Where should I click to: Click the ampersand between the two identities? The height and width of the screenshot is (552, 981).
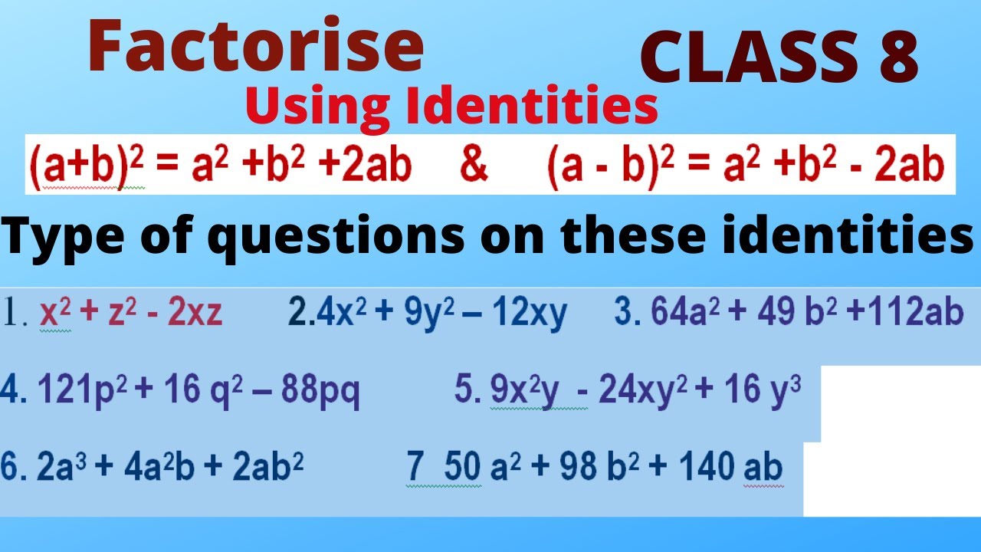point(475,166)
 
